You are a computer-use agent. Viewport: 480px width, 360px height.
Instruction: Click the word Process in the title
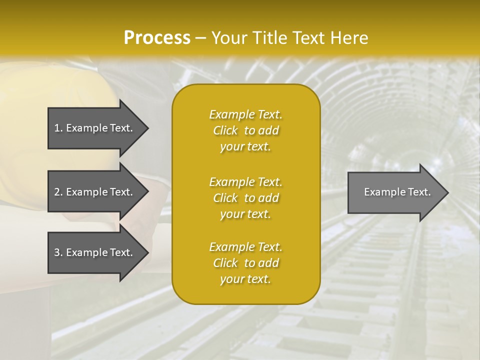[x=157, y=38]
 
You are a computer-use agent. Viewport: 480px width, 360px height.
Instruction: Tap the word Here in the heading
[x=348, y=38]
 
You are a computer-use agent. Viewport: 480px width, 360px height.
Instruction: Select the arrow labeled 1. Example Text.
[x=95, y=128]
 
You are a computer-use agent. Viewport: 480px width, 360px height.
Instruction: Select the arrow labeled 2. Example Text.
[x=95, y=192]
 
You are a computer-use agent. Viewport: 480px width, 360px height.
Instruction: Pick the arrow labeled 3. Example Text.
[x=95, y=252]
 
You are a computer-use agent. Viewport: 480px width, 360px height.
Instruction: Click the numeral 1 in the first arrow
[x=57, y=128]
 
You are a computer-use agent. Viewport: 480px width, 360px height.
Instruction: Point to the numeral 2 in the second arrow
[x=57, y=192]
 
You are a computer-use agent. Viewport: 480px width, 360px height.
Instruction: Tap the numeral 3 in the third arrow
[x=57, y=252]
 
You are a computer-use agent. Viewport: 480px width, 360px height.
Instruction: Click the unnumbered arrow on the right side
[x=395, y=192]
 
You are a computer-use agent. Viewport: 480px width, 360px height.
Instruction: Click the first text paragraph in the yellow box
[x=245, y=130]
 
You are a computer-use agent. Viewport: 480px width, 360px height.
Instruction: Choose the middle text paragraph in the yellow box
[x=245, y=197]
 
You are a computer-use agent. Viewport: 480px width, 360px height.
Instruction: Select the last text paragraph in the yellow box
[x=245, y=263]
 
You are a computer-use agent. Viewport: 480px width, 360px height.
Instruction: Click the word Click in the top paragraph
[x=225, y=130]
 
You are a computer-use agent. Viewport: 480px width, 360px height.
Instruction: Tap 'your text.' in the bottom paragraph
[x=245, y=279]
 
